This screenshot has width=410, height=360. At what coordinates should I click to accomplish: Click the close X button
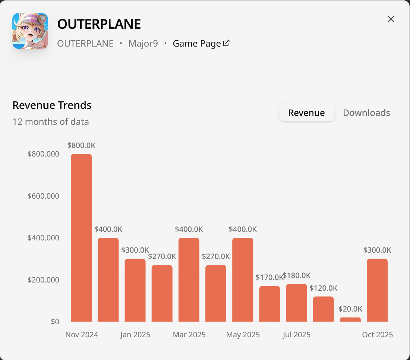[391, 19]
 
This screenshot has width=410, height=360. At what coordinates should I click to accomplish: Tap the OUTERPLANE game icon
[30, 31]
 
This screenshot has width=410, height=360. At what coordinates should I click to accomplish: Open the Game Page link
[201, 44]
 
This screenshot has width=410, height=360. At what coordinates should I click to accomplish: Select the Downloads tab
[366, 113]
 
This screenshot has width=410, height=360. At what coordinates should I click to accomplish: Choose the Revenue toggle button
[306, 113]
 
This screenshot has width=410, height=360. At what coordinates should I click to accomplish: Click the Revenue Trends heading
[52, 105]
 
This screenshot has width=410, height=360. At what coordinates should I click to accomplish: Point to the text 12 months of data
[51, 122]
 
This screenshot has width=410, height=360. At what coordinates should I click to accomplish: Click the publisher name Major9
[143, 44]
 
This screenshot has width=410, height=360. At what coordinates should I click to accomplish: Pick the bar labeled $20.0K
[350, 319]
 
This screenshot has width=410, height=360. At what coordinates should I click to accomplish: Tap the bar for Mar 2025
[189, 280]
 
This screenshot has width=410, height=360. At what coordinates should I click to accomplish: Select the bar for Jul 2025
[297, 303]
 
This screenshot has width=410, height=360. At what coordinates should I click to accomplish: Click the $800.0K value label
[81, 145]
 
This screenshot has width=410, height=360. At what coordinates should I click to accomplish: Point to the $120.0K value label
[324, 288]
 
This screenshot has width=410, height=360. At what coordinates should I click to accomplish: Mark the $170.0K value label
[269, 277]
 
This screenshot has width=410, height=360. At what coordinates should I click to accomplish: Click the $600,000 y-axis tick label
[43, 196]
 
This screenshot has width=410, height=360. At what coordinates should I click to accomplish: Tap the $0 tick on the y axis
[55, 322]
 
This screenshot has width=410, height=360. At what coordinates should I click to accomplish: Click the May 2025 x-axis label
[243, 335]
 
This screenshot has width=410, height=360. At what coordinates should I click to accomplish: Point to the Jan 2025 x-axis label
[135, 335]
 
